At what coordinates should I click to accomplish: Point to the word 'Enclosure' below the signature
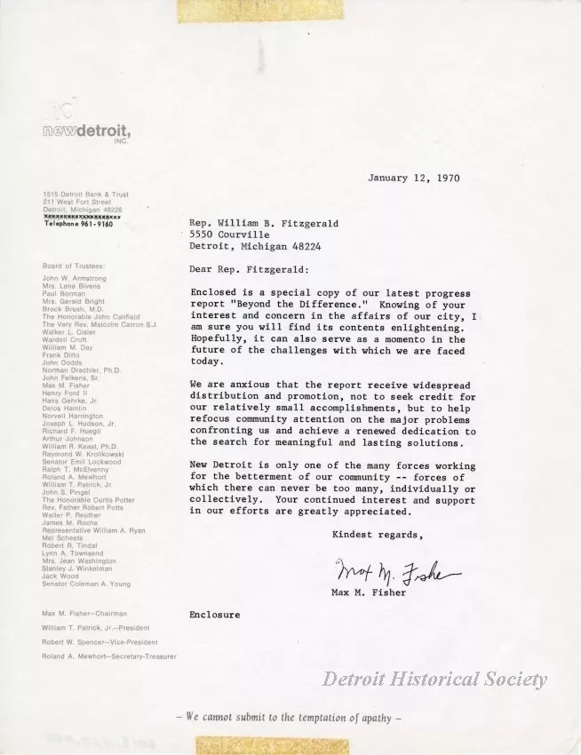(214, 614)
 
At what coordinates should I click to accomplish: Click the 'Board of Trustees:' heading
(74, 266)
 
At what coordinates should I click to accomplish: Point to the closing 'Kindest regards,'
(373, 534)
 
